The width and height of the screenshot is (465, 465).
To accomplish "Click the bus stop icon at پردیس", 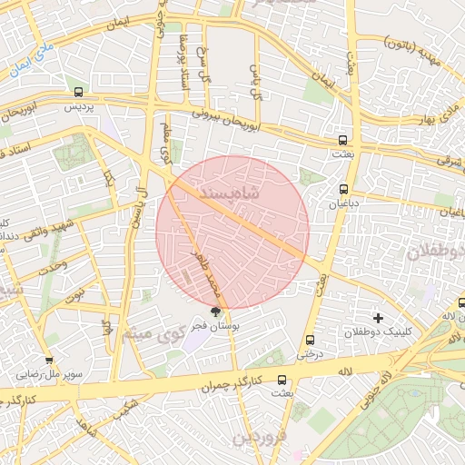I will click(x=79, y=92).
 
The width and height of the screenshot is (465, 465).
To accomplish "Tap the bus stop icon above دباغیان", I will click(x=342, y=189).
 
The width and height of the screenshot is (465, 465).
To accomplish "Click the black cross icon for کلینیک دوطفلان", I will click(x=378, y=317).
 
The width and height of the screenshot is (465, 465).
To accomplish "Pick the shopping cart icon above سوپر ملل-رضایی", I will click(x=49, y=361).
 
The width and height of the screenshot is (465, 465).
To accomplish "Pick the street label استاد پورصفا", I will click(x=184, y=54).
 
